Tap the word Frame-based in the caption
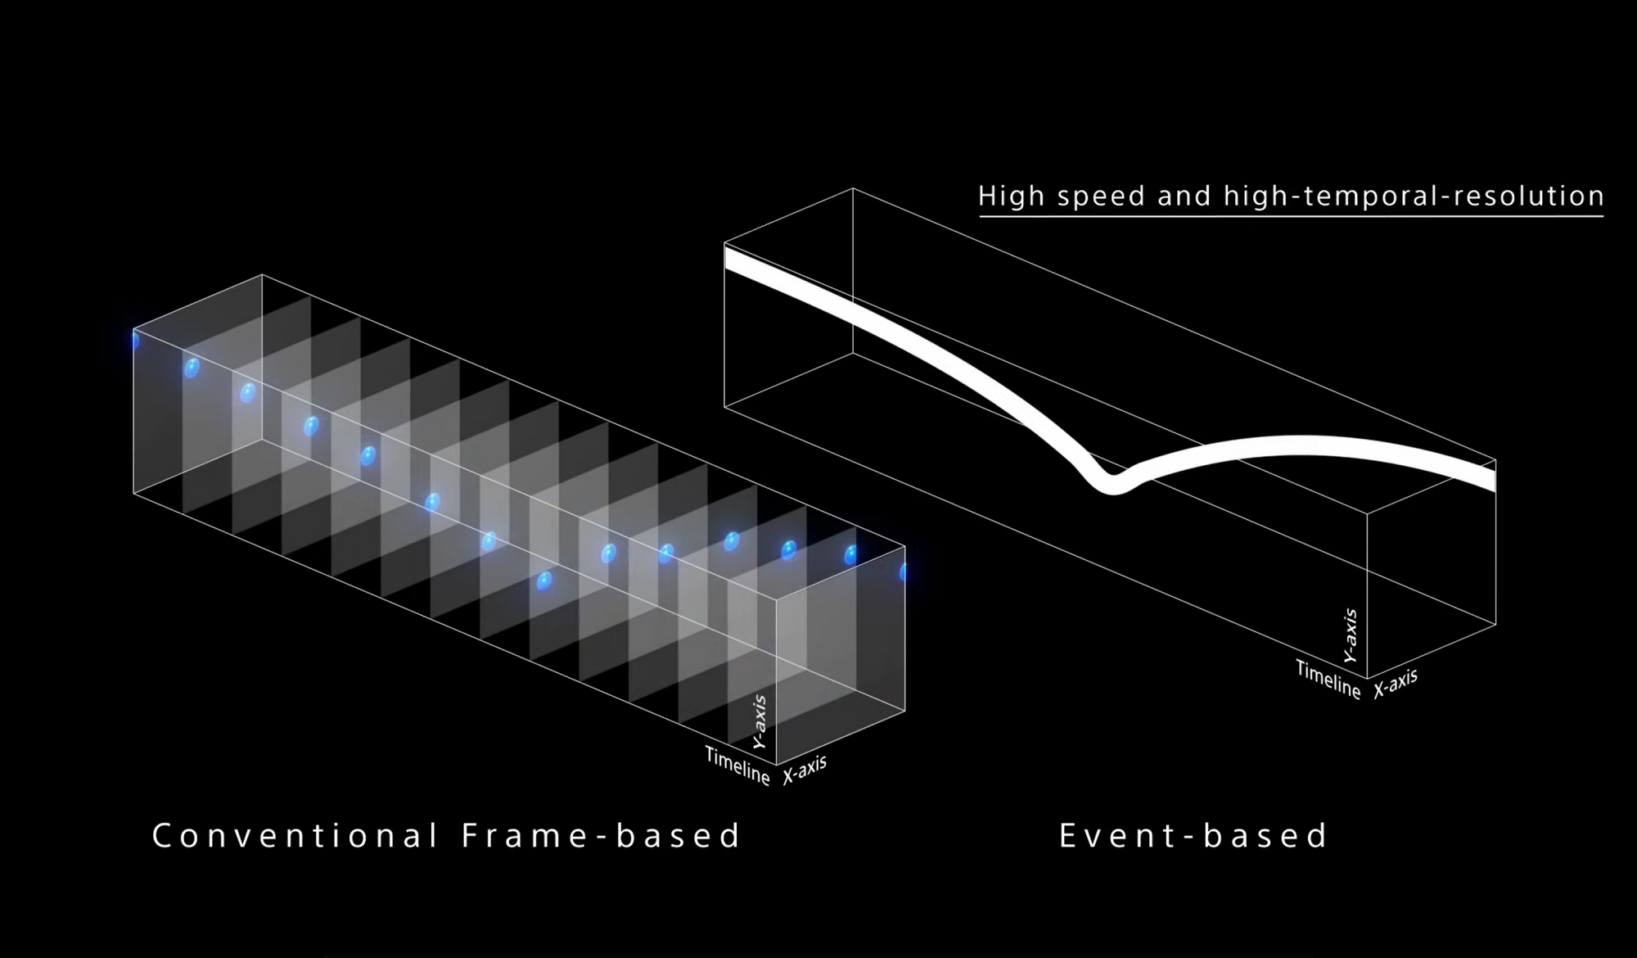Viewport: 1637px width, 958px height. tap(602, 836)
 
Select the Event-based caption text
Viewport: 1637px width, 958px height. tap(1193, 836)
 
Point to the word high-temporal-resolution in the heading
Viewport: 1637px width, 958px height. tap(1414, 197)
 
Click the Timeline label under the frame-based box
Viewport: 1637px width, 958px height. tap(737, 766)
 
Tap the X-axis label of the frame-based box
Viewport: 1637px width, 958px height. tap(805, 770)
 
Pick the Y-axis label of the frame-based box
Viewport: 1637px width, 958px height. tap(760, 721)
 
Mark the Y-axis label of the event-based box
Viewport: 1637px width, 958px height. tap(1351, 635)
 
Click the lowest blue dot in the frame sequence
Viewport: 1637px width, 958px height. tap(543, 581)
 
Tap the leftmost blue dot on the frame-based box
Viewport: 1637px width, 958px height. tap(135, 340)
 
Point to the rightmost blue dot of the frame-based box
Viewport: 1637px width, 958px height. tap(903, 572)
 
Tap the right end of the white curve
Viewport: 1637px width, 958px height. tap(1494, 477)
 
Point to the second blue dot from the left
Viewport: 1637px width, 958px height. tap(192, 368)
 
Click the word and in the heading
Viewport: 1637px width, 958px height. tap(1185, 197)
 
